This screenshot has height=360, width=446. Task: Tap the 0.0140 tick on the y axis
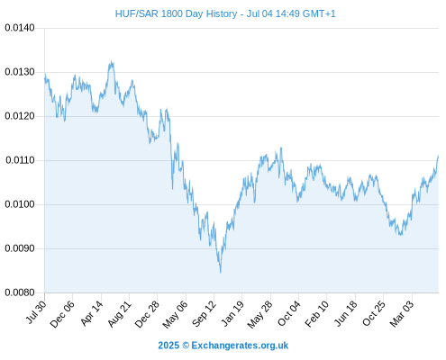pyautogui.click(x=20, y=28)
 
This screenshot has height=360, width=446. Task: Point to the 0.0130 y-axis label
pyautogui.click(x=20, y=72)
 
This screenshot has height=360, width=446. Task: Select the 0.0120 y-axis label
pyautogui.click(x=20, y=116)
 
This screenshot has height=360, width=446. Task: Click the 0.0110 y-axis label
pyautogui.click(x=20, y=160)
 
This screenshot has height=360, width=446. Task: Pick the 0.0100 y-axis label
pyautogui.click(x=20, y=204)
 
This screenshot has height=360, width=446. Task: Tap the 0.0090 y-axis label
pyautogui.click(x=20, y=248)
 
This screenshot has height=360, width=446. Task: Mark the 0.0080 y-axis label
pyautogui.click(x=20, y=292)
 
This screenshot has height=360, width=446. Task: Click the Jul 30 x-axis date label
pyautogui.click(x=36, y=312)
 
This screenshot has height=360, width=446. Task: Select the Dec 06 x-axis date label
pyautogui.click(x=62, y=314)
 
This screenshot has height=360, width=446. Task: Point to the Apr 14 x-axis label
pyautogui.click(x=92, y=313)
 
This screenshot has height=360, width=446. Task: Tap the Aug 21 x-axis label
pyautogui.click(x=120, y=314)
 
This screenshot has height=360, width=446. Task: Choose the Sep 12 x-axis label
pyautogui.click(x=204, y=314)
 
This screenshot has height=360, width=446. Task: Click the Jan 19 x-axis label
pyautogui.click(x=232, y=313)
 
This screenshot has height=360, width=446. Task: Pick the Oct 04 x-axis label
pyautogui.click(x=288, y=314)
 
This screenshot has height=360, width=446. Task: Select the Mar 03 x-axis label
pyautogui.click(x=402, y=314)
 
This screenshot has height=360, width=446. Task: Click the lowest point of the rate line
pyautogui.click(x=221, y=273)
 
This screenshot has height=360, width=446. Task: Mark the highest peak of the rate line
pyautogui.click(x=112, y=60)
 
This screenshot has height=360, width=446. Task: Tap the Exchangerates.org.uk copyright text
pyautogui.click(x=223, y=346)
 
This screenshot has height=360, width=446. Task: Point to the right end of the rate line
pyautogui.click(x=438, y=156)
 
